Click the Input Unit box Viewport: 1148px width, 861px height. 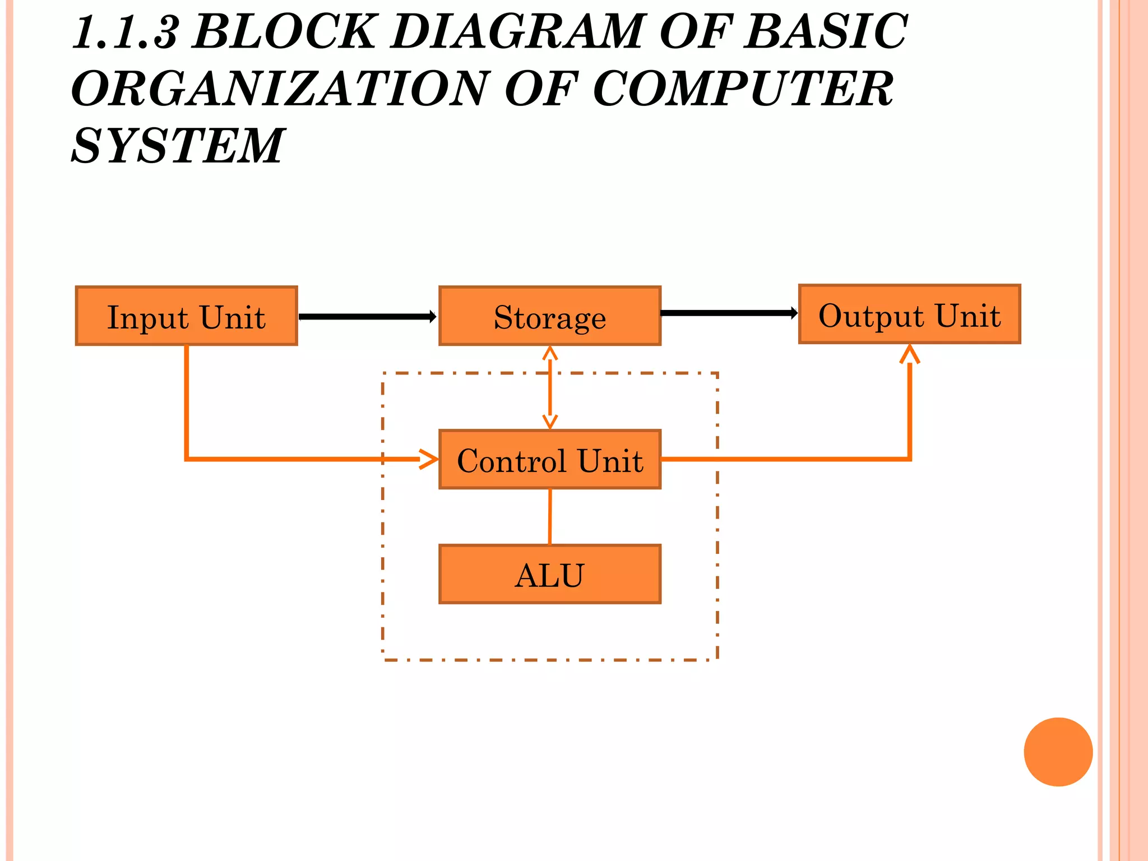tap(186, 316)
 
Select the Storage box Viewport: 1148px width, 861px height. tap(549, 316)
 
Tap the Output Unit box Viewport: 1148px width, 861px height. tap(909, 314)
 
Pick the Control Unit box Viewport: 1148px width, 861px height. tap(549, 460)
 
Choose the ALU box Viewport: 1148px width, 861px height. tap(549, 575)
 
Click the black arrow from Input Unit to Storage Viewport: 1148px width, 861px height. tap(367, 317)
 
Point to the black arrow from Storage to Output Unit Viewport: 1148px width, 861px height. tap(729, 313)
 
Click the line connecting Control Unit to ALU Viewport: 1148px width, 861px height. tap(549, 516)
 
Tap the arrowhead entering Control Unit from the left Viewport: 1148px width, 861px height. tap(429, 459)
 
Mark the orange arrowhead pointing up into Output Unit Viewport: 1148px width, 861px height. tap(909, 354)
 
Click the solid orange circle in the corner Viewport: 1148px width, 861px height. tap(1058, 752)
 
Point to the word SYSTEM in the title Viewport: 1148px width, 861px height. tap(178, 146)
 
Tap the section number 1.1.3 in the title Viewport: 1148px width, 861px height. tap(124, 33)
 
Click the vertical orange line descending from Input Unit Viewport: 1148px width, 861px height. tap(186, 401)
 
